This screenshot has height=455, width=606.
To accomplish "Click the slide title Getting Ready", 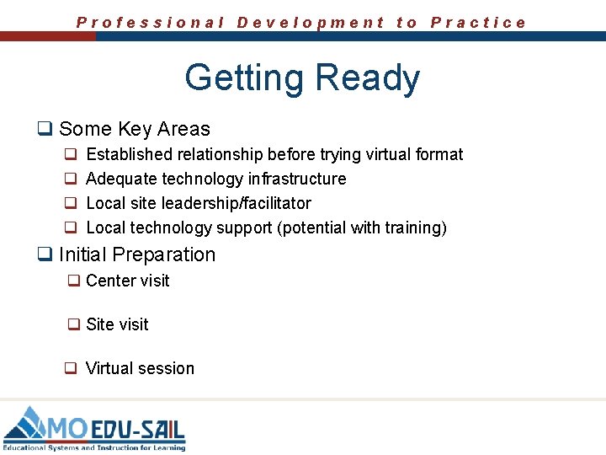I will click(302, 78).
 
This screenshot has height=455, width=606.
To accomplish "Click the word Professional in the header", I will click(151, 23).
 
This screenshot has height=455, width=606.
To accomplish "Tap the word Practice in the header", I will click(478, 23).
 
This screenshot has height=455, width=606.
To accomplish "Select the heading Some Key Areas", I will click(135, 129).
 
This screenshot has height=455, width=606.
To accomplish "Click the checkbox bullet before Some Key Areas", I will click(44, 129).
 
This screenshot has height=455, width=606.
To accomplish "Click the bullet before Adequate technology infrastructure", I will click(72, 179).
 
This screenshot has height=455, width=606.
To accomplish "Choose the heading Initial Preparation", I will click(137, 254).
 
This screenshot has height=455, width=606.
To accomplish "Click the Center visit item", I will click(127, 281).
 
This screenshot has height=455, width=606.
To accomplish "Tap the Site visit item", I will click(117, 324).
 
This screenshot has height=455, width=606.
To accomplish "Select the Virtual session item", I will click(140, 368).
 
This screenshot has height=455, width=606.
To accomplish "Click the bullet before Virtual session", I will click(72, 368).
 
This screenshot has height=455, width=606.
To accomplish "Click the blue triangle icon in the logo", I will click(25, 425).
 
